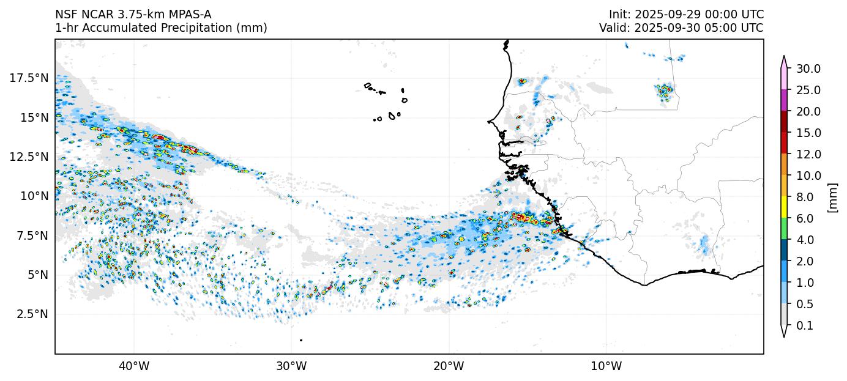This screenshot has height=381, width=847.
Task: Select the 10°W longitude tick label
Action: [x=606, y=366]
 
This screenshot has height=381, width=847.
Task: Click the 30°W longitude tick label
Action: [x=291, y=366]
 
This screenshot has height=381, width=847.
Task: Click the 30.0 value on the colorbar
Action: [x=808, y=68]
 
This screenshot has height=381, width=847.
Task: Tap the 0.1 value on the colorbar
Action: [x=805, y=326]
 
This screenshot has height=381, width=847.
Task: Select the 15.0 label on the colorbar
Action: [x=808, y=133]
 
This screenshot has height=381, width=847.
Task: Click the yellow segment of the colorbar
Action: [x=783, y=207]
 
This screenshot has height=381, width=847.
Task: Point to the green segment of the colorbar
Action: [x=783, y=229]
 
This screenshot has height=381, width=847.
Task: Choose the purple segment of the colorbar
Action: [x=783, y=100]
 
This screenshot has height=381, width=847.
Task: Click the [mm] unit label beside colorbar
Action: [x=832, y=197]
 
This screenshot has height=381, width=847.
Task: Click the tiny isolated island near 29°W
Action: [x=301, y=340]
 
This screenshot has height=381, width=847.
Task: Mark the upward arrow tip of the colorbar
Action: [x=783, y=56]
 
